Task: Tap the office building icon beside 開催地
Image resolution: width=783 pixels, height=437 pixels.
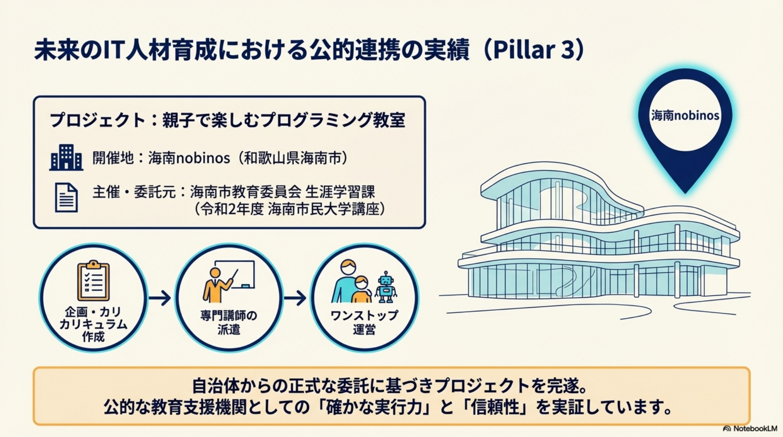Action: tap(66, 157)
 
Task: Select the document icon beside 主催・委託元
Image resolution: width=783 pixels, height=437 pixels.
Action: tap(66, 197)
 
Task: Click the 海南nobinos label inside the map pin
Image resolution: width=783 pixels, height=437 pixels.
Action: tap(685, 115)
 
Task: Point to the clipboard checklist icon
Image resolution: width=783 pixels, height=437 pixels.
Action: tap(93, 280)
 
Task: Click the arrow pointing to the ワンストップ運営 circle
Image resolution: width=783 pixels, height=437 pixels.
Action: tap(295, 297)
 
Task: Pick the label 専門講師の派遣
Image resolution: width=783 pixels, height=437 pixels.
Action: tap(229, 322)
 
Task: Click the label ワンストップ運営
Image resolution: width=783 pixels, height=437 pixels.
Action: tap(364, 322)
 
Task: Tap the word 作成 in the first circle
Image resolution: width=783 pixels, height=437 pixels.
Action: tap(93, 337)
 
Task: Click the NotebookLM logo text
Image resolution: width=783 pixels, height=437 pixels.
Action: tap(751, 428)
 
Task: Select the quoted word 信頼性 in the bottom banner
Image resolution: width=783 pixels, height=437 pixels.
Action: tap(496, 407)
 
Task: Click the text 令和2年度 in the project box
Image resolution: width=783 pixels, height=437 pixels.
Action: tap(232, 209)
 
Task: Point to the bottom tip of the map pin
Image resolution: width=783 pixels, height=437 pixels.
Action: tap(685, 193)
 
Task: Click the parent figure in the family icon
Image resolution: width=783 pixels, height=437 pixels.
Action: tap(347, 282)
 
